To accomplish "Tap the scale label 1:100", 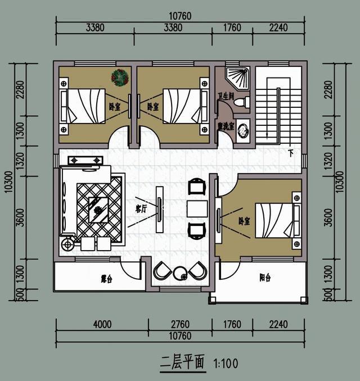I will (x=226, y=363).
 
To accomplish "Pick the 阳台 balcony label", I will (x=265, y=277).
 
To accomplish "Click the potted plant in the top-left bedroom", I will (x=119, y=77).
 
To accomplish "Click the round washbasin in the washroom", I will (x=242, y=129).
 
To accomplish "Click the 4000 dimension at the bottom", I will (x=102, y=324).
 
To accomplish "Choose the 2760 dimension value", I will (x=179, y=324).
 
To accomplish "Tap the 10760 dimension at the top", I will (x=182, y=16).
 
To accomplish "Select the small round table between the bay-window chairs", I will (x=181, y=274).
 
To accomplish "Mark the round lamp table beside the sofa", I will (x=69, y=243).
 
